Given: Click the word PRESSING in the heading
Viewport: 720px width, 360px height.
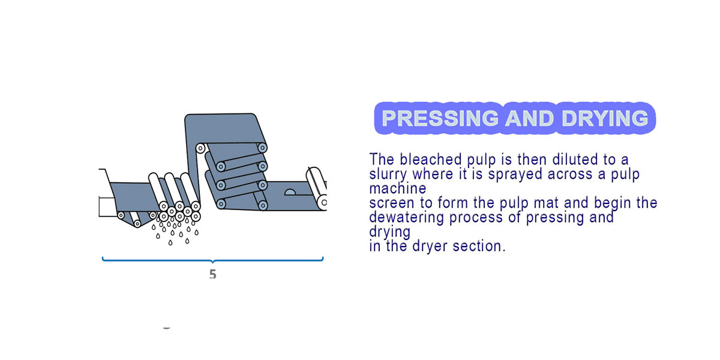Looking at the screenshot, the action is (x=440, y=118).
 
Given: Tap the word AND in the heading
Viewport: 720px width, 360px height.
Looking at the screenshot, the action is (x=529, y=118).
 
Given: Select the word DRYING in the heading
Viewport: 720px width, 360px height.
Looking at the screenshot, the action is (x=605, y=118).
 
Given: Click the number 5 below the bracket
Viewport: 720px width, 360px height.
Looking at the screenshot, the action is (x=213, y=274).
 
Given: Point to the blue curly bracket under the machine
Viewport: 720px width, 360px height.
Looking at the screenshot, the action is (x=212, y=260).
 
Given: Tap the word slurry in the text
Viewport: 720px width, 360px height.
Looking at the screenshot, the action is (x=388, y=175).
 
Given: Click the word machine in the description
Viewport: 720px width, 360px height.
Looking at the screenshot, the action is (x=398, y=188).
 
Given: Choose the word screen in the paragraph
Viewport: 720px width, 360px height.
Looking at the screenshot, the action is (x=388, y=203).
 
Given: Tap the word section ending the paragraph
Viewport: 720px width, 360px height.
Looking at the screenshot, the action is (x=479, y=246).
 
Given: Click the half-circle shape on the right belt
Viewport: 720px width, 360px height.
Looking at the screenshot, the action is (x=290, y=192).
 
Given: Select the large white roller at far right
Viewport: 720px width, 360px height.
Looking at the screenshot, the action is (x=317, y=188).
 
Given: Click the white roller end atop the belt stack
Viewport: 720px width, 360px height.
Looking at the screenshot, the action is (x=200, y=149).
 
